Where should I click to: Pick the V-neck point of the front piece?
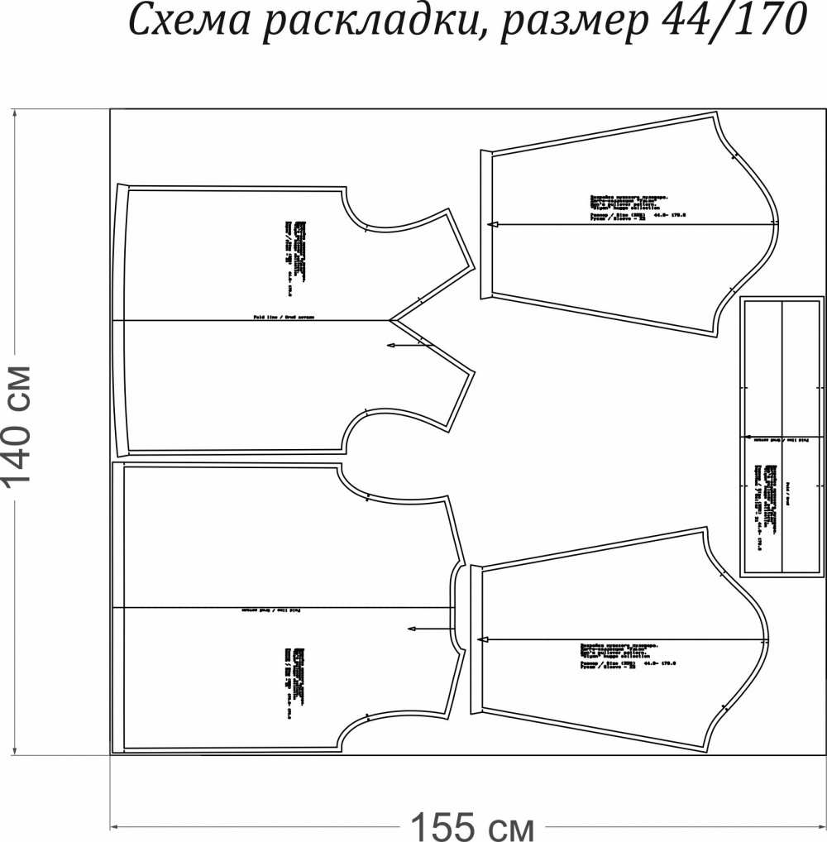click(392, 318)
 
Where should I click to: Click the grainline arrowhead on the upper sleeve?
click(491, 224)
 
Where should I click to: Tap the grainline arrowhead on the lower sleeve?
click(480, 639)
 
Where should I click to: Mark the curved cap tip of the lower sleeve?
click(767, 641)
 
